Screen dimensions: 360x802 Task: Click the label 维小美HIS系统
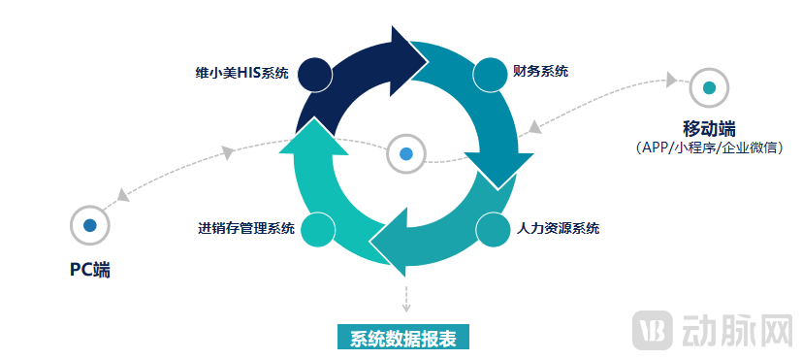pyautogui.click(x=241, y=74)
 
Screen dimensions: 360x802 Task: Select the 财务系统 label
pyautogui.click(x=540, y=71)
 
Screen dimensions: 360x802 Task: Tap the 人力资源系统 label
pyautogui.click(x=556, y=229)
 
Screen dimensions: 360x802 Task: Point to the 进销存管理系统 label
pyautogui.click(x=245, y=229)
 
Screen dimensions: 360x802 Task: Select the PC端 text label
pyautogui.click(x=89, y=270)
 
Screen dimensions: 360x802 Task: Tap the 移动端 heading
pyautogui.click(x=709, y=128)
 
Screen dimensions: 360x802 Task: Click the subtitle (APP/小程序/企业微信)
pyautogui.click(x=709, y=147)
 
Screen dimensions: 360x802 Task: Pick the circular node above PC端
pyautogui.click(x=90, y=225)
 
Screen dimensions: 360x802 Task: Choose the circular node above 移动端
pyautogui.click(x=709, y=87)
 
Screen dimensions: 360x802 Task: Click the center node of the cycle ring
pyautogui.click(x=406, y=153)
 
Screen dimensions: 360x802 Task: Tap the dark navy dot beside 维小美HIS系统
pyautogui.click(x=315, y=74)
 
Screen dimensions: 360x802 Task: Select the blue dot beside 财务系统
pyautogui.click(x=490, y=74)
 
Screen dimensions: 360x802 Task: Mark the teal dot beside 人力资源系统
pyautogui.click(x=493, y=230)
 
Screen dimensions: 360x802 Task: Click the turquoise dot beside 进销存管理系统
pyautogui.click(x=317, y=230)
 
